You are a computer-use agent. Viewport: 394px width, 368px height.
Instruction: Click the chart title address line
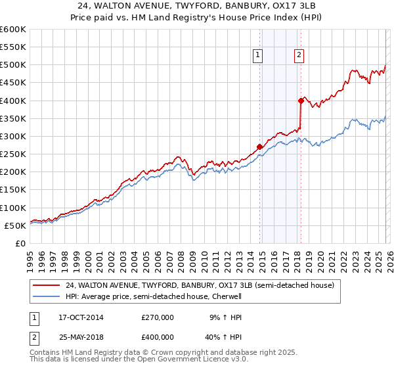[196, 7]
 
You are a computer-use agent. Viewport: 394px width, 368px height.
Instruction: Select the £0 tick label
[21, 243]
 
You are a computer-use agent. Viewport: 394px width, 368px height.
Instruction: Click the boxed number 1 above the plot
[257, 56]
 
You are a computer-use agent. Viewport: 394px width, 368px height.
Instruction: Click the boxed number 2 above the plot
[299, 56]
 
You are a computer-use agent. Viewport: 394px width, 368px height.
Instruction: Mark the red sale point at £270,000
[259, 147]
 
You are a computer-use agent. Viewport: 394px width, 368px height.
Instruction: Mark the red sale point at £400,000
[301, 101]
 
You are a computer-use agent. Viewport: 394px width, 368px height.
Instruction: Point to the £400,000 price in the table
[158, 337]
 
